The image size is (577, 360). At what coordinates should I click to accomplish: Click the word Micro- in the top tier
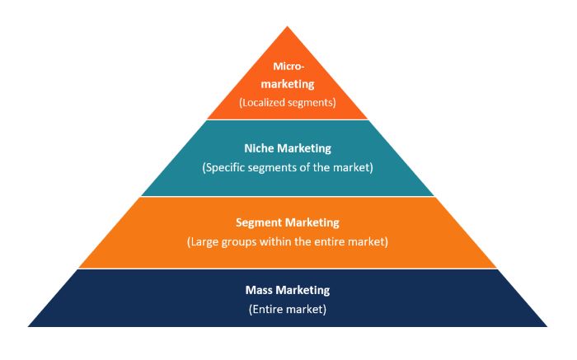click(288, 67)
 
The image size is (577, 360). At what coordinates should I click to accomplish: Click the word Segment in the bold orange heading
click(259, 223)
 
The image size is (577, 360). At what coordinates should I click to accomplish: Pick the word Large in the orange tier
click(203, 242)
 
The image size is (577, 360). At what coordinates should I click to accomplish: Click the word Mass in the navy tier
click(258, 290)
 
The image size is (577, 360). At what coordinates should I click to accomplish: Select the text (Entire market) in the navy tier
click(288, 309)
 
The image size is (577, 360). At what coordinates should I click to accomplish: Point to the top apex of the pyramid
click(288, 26)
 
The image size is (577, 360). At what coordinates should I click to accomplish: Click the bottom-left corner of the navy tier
click(28, 326)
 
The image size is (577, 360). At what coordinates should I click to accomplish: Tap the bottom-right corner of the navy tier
click(547, 326)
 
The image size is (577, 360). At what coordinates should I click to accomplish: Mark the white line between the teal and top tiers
click(288, 119)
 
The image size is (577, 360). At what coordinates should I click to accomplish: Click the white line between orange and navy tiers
click(288, 269)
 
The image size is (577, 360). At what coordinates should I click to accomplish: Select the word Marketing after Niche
click(304, 148)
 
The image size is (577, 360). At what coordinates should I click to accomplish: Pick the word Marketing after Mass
click(303, 291)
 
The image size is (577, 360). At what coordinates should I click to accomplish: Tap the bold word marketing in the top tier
click(288, 84)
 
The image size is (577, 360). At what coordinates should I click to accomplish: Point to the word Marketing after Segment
click(312, 223)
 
